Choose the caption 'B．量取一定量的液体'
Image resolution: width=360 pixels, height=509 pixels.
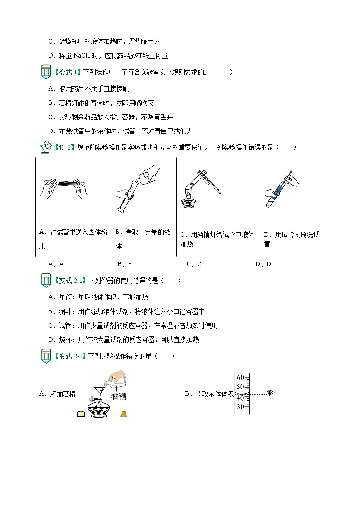click(x=143, y=239)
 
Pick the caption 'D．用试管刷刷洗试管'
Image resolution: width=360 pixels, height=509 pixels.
click(x=292, y=239)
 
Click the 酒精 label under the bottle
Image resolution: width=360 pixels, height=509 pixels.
click(x=118, y=396)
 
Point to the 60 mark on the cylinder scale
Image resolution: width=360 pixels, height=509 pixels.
click(x=240, y=377)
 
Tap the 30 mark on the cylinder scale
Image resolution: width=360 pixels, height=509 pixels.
click(x=240, y=407)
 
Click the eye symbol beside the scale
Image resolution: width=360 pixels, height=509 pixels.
click(x=271, y=393)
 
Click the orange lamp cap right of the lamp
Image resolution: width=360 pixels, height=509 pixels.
click(x=123, y=413)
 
